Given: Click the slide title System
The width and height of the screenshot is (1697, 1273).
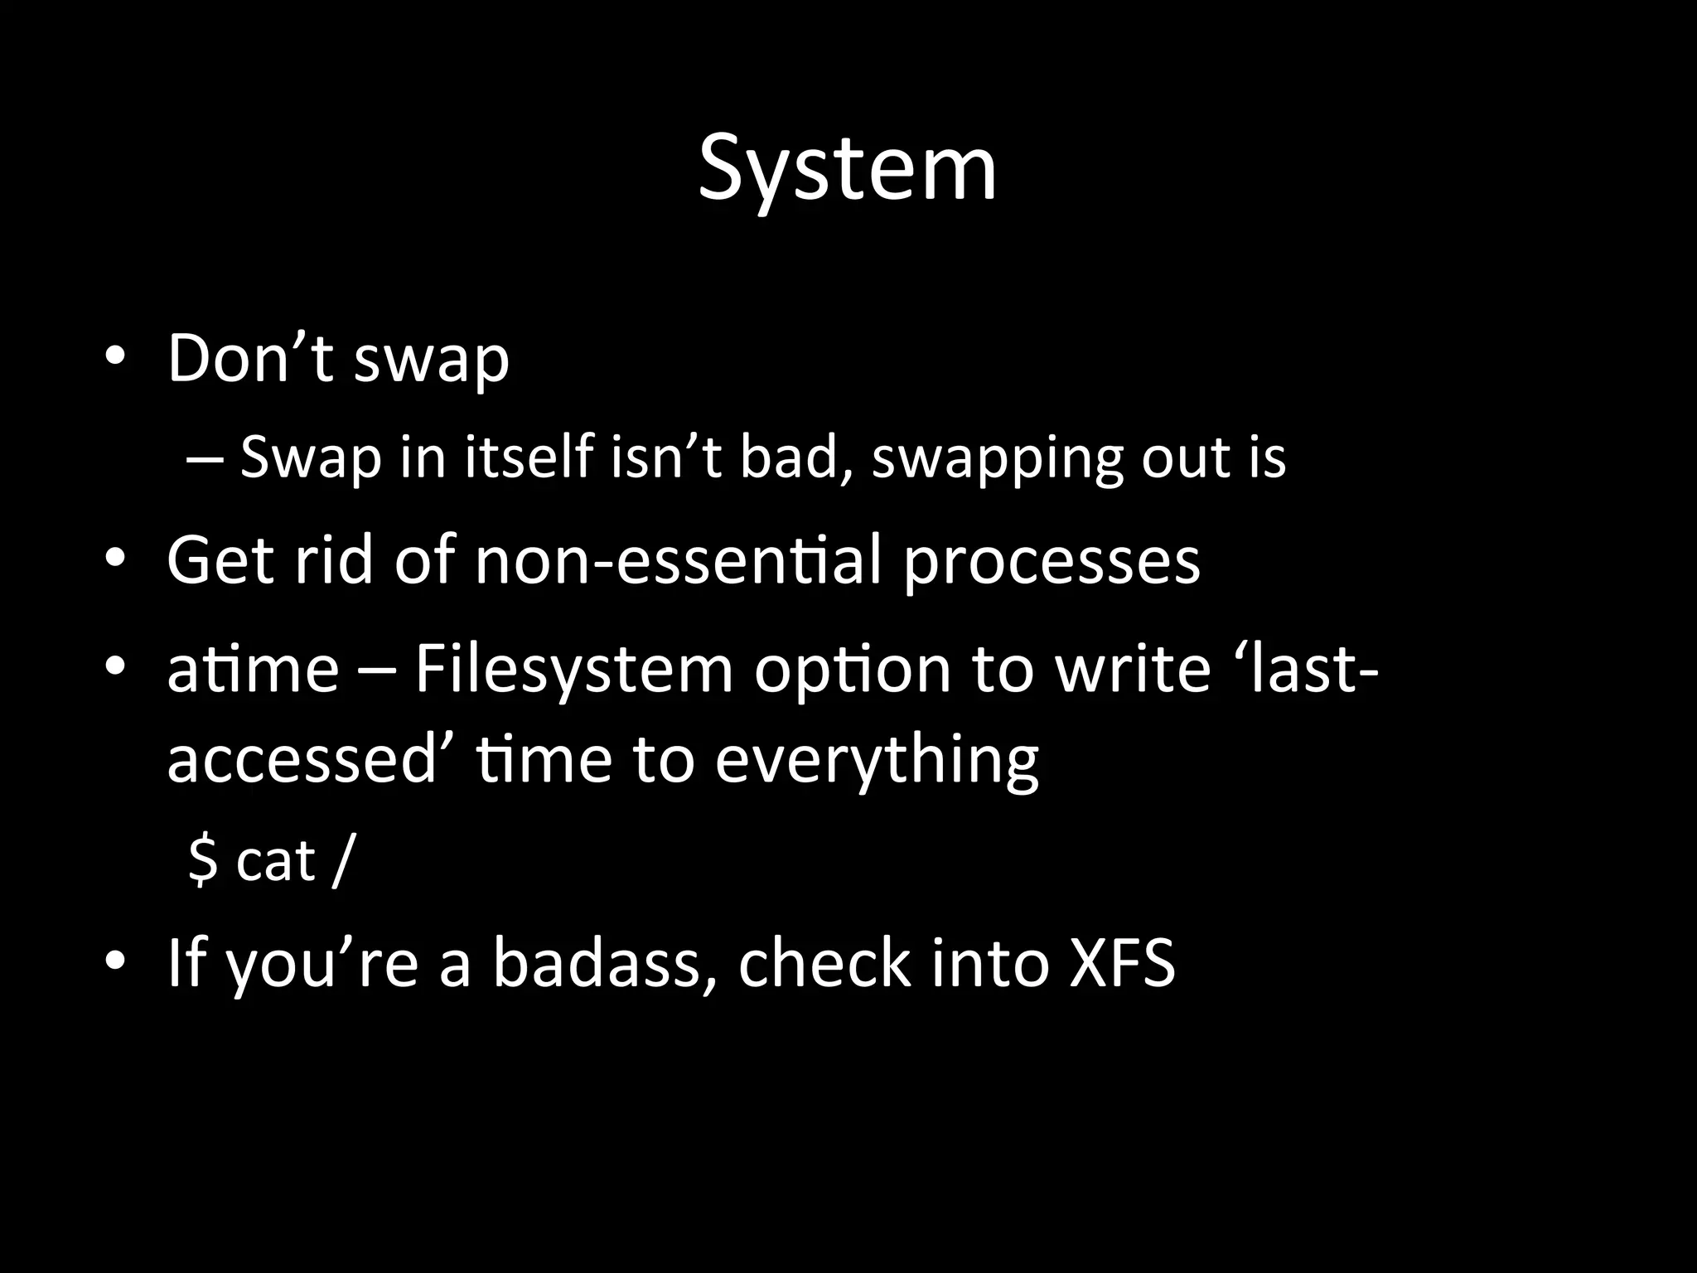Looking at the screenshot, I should pyautogui.click(x=847, y=170).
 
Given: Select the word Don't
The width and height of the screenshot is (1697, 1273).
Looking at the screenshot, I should pyautogui.click(x=249, y=358).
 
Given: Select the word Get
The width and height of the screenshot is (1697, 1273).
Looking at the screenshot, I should pyautogui.click(x=220, y=561).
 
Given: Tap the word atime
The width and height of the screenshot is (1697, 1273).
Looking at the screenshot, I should pyautogui.click(x=253, y=669).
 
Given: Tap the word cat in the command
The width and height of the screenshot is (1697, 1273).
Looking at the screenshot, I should pyautogui.click(x=275, y=862).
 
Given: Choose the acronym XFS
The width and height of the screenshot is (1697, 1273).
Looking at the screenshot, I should pyautogui.click(x=1122, y=963).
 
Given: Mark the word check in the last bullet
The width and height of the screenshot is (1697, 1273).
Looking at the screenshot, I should pyautogui.click(x=825, y=963).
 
